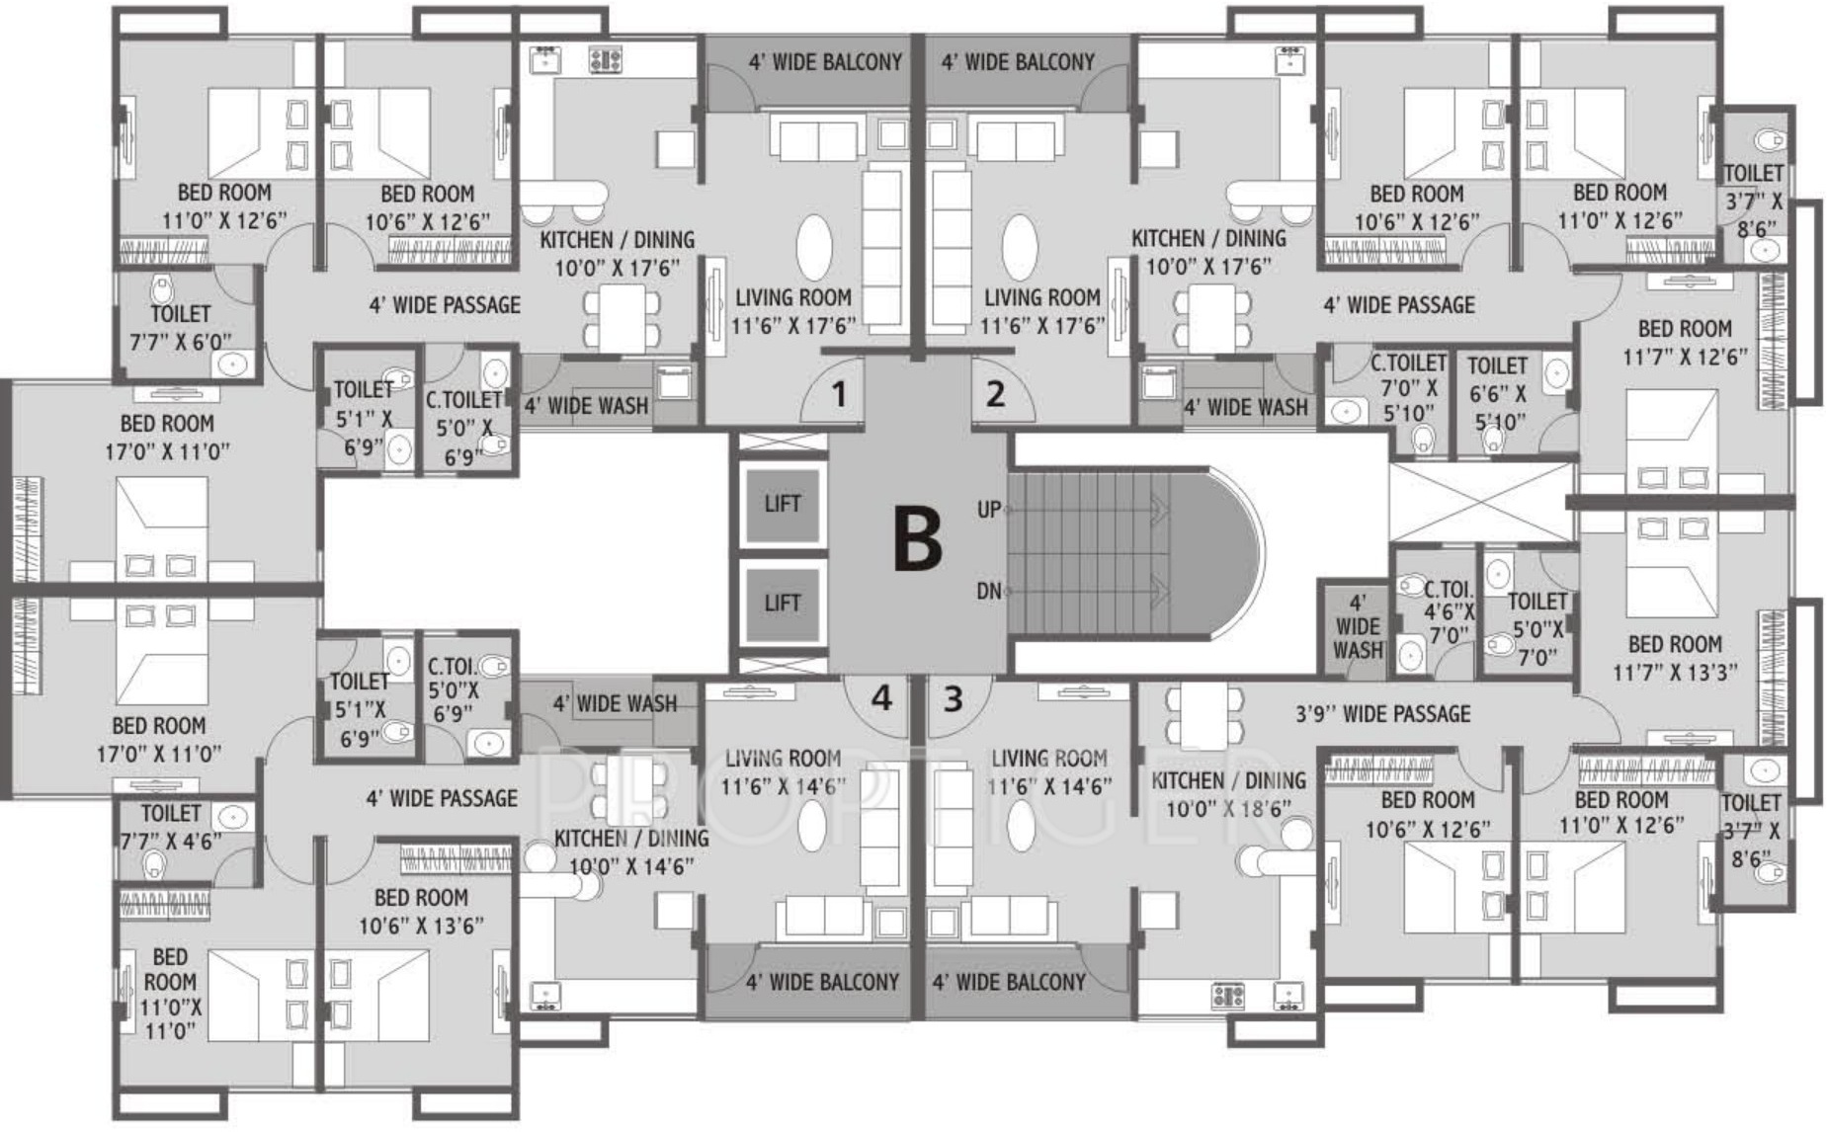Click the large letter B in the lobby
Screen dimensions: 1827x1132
point(917,538)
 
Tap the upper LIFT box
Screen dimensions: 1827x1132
point(783,505)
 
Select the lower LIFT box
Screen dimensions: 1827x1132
point(783,604)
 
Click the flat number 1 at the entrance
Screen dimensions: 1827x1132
point(839,395)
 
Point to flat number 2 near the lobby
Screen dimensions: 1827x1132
point(995,394)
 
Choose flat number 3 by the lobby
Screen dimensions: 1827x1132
point(953,698)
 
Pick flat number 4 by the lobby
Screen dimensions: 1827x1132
point(881,698)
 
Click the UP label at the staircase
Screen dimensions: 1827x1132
point(989,510)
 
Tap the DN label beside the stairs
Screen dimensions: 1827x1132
point(989,592)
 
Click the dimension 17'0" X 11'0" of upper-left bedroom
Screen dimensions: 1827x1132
point(168,452)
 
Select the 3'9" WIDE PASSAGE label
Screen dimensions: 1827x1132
point(1383,713)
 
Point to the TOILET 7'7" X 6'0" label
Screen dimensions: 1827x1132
point(181,328)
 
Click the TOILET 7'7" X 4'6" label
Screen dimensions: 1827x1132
point(171,827)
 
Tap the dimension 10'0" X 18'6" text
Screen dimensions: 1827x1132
point(1228,809)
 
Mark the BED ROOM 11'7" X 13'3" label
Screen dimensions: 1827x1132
point(1676,658)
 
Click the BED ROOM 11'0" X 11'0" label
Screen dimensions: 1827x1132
point(170,994)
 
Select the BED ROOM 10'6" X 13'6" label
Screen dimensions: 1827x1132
point(421,912)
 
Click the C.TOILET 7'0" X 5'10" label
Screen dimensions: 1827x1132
point(1408,387)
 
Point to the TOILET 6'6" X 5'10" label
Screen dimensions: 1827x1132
point(1497,393)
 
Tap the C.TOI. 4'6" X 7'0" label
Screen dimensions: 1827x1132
point(1449,612)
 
